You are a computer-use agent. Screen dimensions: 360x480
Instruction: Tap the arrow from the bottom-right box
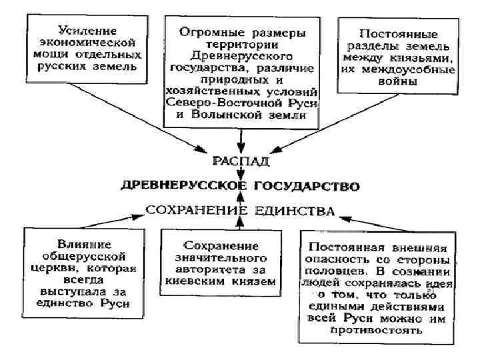[380, 221]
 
